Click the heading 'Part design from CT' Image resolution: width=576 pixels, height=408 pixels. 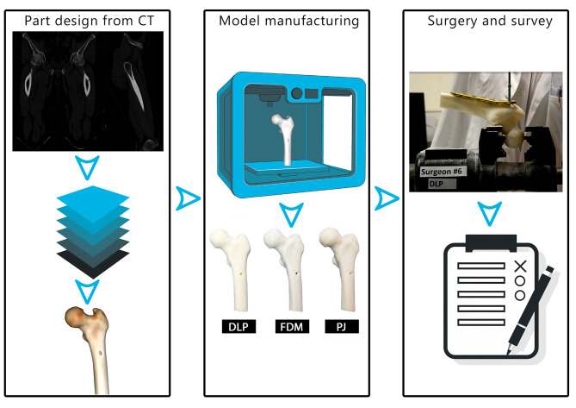[89, 20]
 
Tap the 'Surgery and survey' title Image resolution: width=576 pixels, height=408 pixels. [490, 20]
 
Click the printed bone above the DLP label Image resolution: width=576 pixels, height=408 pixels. [233, 269]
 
